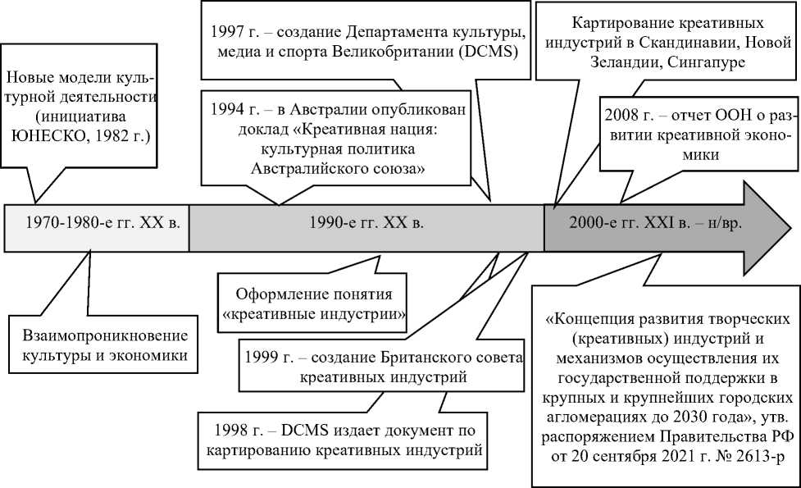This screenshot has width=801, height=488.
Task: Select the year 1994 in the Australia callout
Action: pos(228,110)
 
